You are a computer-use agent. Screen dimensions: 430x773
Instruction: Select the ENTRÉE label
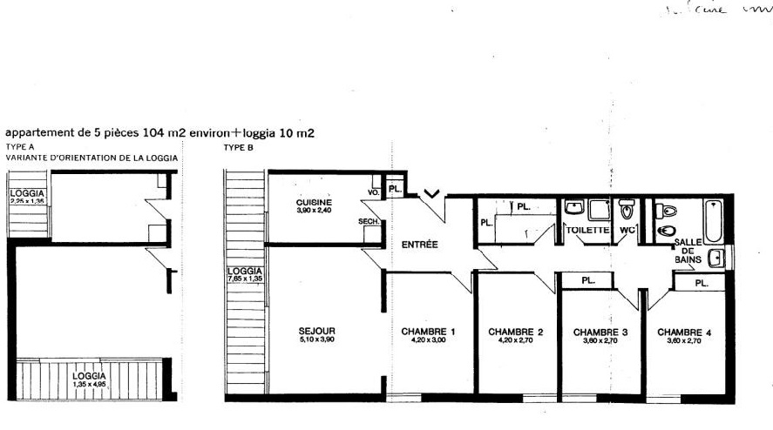pyautogui.click(x=419, y=245)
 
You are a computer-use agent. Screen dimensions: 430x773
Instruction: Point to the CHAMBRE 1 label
pyautogui.click(x=429, y=332)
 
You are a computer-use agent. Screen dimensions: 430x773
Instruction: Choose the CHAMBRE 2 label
pyautogui.click(x=516, y=332)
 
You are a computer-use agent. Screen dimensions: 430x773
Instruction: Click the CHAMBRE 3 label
pyautogui.click(x=601, y=332)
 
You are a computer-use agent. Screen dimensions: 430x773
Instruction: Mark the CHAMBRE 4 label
pyautogui.click(x=685, y=332)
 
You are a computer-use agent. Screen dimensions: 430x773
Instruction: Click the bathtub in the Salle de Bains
pyautogui.click(x=711, y=221)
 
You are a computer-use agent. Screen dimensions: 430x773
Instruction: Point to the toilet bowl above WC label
pyautogui.click(x=627, y=211)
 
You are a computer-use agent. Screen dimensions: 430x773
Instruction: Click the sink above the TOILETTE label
pyautogui.click(x=574, y=208)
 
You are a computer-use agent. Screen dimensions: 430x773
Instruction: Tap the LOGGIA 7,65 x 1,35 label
pyautogui.click(x=245, y=274)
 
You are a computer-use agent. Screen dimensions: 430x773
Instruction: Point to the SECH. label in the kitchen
pyautogui.click(x=367, y=222)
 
